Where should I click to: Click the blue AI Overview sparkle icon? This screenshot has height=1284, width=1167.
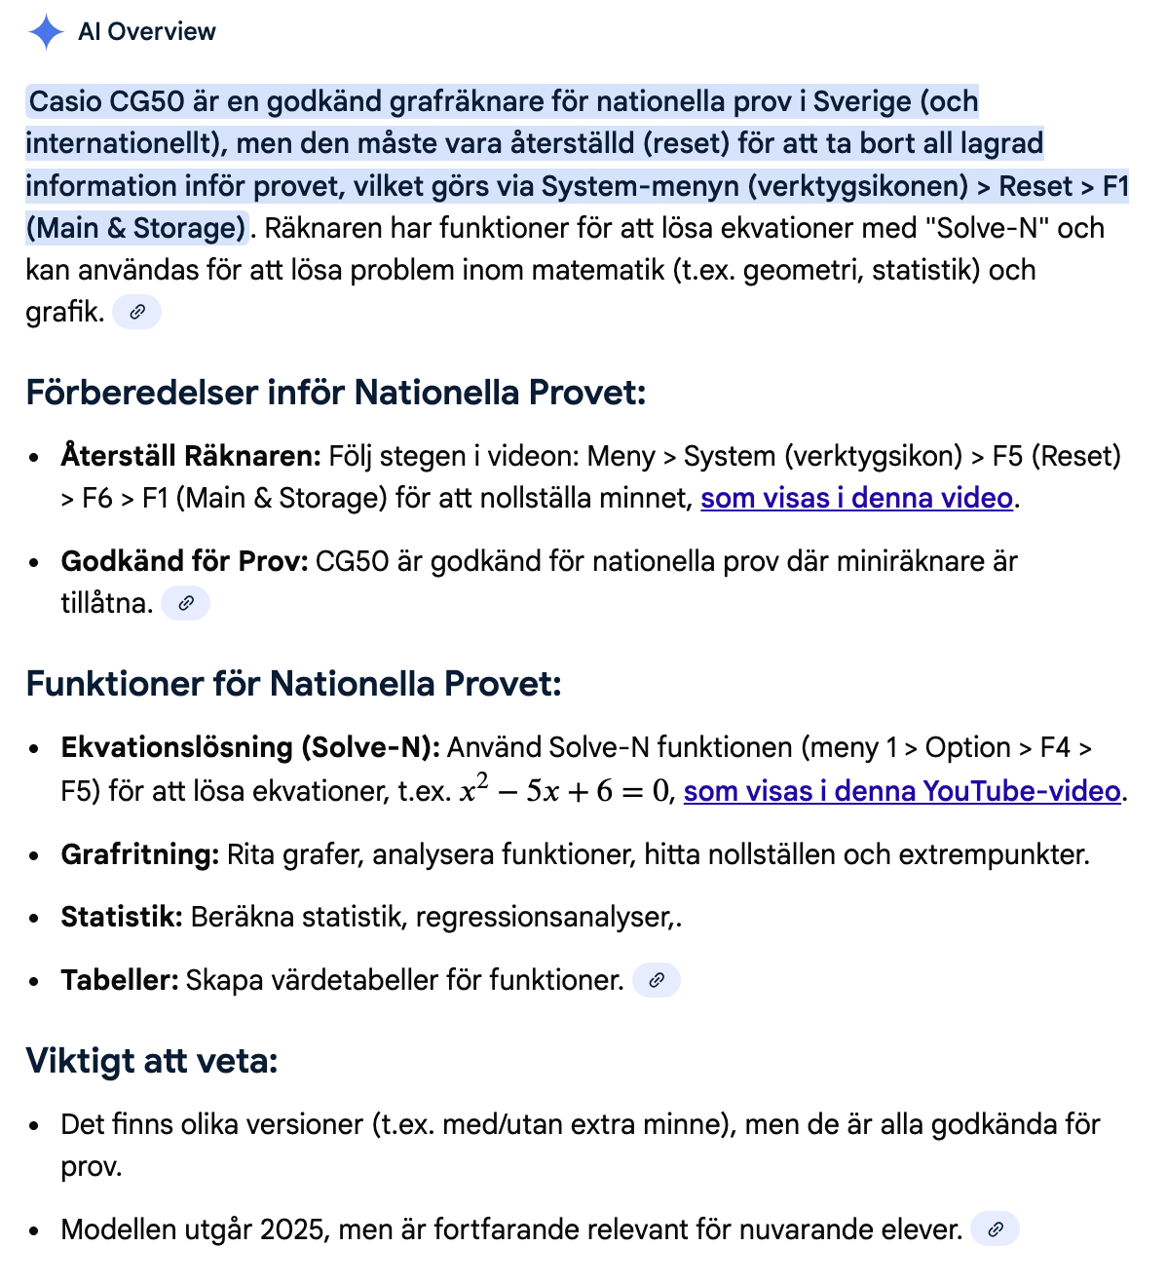click(x=46, y=32)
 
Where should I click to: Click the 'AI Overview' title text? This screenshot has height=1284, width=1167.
click(x=147, y=32)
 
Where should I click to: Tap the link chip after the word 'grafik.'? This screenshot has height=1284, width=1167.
click(x=136, y=313)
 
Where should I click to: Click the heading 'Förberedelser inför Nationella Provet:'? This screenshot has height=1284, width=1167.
click(x=336, y=393)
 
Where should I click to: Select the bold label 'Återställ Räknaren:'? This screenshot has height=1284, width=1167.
click(x=191, y=456)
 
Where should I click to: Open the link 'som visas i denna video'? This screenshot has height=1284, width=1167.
click(x=856, y=499)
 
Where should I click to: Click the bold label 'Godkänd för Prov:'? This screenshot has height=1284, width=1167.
click(x=184, y=561)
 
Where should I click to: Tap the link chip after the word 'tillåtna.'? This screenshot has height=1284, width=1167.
click(x=185, y=604)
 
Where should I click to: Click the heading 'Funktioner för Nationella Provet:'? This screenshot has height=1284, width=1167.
click(x=293, y=684)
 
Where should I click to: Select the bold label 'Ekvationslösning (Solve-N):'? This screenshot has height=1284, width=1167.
click(x=250, y=747)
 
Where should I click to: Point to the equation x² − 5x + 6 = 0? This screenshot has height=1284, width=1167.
click(x=565, y=790)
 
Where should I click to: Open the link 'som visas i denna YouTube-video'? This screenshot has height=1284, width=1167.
click(x=901, y=791)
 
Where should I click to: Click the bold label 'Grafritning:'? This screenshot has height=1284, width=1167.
click(x=140, y=854)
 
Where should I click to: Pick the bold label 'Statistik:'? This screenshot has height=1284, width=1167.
click(x=122, y=917)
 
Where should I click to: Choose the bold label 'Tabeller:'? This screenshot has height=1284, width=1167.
click(x=120, y=980)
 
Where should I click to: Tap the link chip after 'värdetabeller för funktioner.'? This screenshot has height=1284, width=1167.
click(x=657, y=981)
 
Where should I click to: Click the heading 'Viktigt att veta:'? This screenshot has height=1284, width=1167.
click(x=152, y=1061)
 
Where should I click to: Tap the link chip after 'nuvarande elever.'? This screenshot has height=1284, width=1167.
click(x=995, y=1230)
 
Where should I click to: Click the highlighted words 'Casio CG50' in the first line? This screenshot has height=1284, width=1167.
click(x=106, y=102)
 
